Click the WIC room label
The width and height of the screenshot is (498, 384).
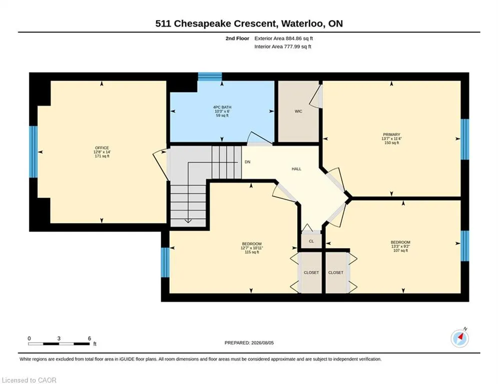[x=298, y=111]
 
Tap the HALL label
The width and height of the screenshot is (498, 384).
[x=296, y=169]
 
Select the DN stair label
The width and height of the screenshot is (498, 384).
[x=247, y=162]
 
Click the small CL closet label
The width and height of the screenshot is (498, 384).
[x=311, y=241]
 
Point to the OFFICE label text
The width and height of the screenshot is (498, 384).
[x=102, y=148]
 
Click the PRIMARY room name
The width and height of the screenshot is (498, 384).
[x=391, y=134]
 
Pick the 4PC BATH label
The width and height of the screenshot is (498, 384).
[x=222, y=107]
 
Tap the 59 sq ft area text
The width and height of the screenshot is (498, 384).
[x=222, y=115]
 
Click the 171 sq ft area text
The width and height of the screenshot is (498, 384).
[x=102, y=156]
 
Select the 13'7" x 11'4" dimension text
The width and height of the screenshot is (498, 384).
[x=391, y=138]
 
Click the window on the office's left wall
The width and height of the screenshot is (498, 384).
[x=34, y=151]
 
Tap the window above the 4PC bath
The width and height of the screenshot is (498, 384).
[x=210, y=76]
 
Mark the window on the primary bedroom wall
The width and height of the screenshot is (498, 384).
[x=464, y=139]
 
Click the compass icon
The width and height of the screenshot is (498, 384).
[x=459, y=338]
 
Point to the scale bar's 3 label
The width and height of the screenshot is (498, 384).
[x=59, y=338]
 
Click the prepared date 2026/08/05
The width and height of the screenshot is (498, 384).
[x=262, y=342]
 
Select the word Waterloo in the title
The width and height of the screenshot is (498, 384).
[x=303, y=24]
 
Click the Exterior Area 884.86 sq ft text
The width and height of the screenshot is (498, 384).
[x=284, y=38]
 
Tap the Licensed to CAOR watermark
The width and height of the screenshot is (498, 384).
[x=29, y=380]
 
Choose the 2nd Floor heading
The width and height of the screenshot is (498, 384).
[x=237, y=38]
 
